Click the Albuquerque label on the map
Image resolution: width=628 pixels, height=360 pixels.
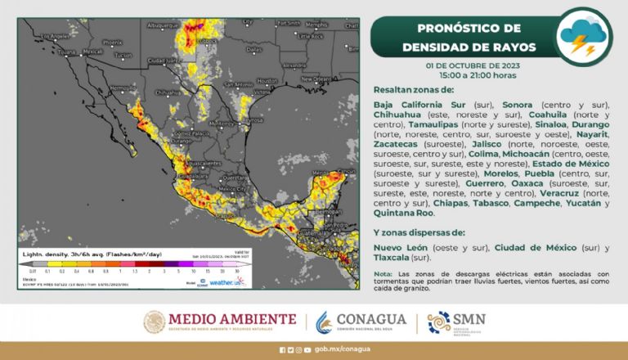point(162,26)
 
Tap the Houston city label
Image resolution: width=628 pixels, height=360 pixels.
point(267,80)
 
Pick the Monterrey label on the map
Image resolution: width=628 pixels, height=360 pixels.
point(222,124)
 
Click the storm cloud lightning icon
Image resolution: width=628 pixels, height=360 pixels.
point(581,35)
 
